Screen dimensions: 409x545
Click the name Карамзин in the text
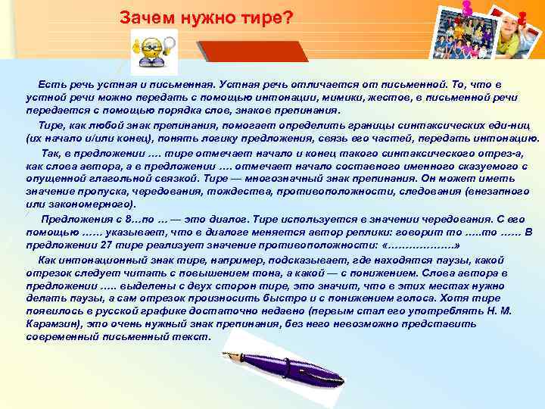click(x=53, y=323)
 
